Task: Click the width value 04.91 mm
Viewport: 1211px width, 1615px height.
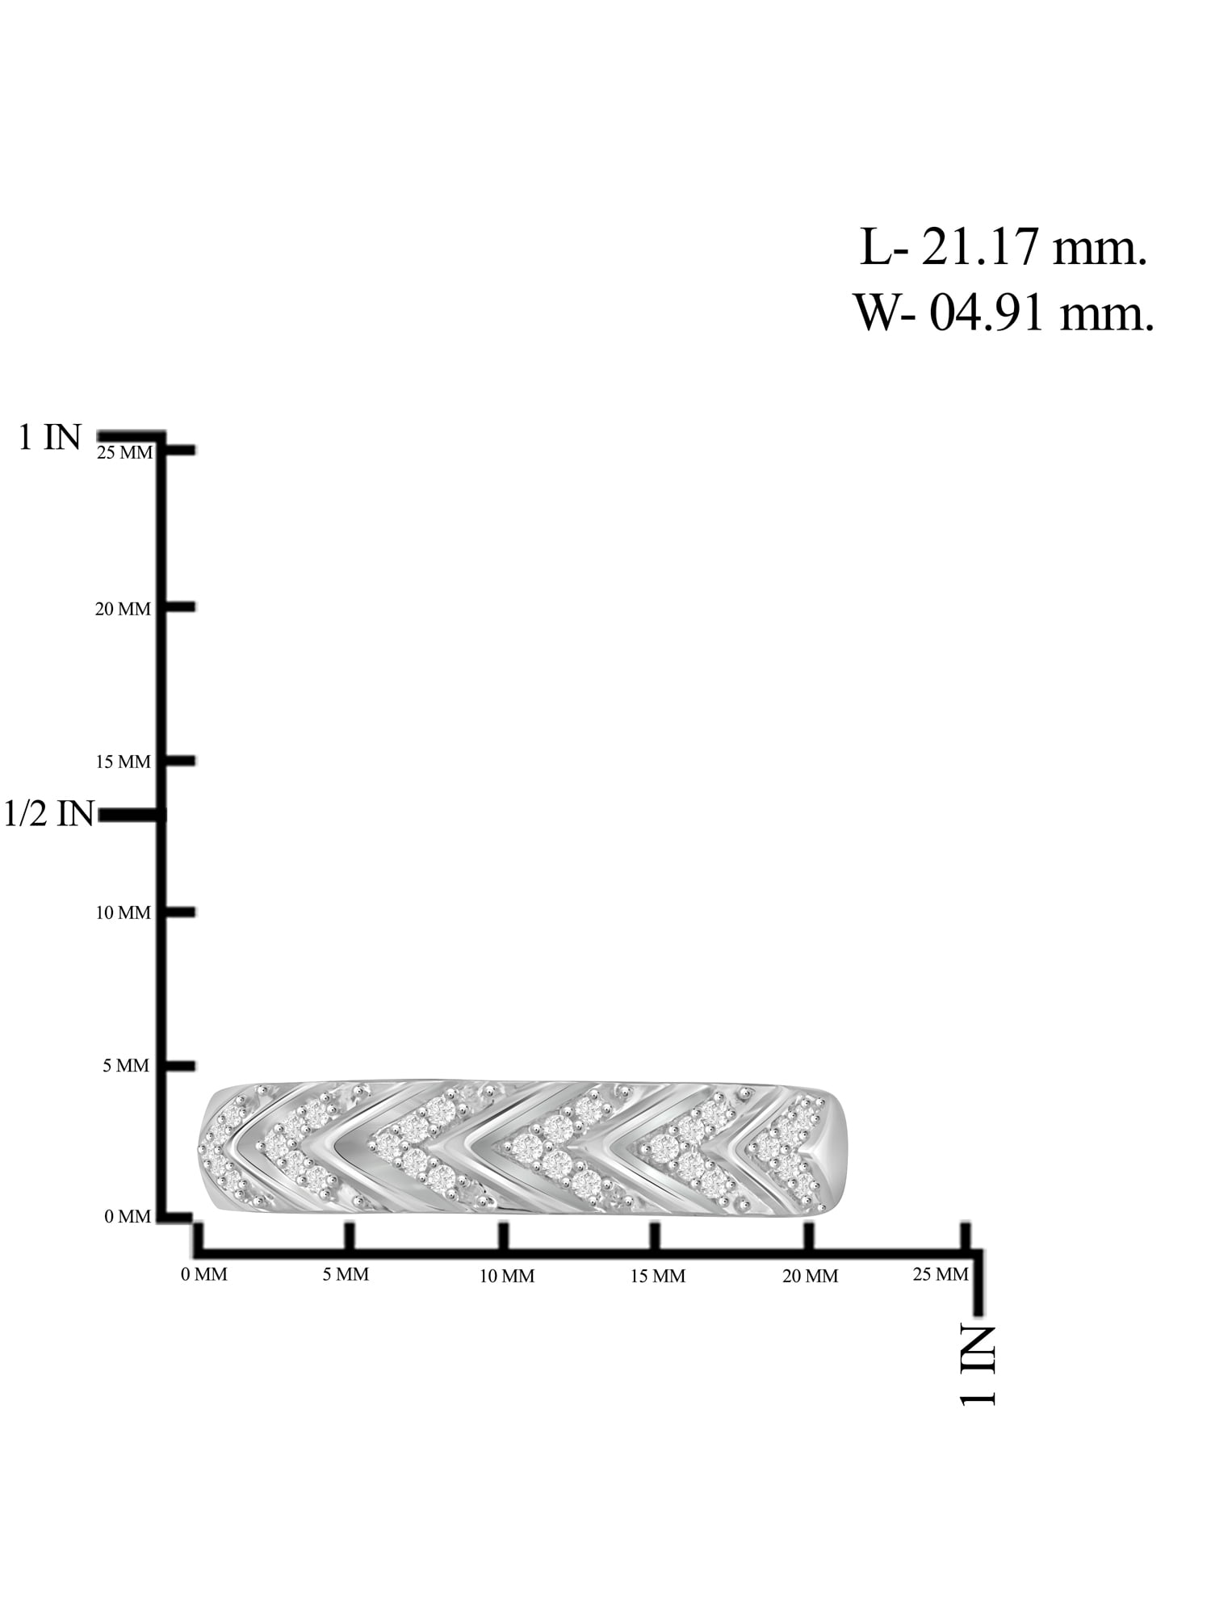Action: click(x=1041, y=313)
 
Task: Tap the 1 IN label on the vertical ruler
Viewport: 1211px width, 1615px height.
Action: click(x=50, y=438)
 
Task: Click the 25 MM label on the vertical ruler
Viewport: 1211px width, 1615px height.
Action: click(x=124, y=453)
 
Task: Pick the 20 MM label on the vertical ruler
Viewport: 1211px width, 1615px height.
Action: click(x=123, y=609)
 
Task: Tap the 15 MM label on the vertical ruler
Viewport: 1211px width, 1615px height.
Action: click(x=123, y=761)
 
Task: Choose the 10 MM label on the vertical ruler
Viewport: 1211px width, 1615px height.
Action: click(x=123, y=913)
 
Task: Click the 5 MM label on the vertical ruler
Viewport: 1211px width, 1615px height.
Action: click(x=126, y=1066)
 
